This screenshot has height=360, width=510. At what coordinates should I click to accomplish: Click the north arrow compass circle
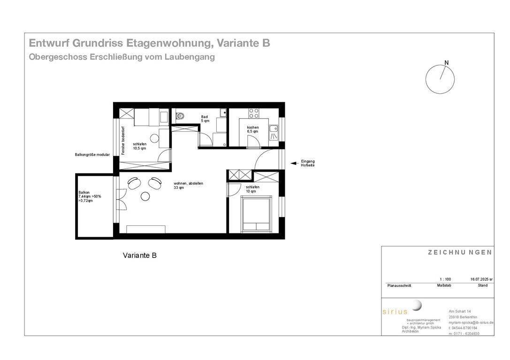(x=440, y=79)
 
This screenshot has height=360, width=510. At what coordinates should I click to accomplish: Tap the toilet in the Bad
(x=180, y=116)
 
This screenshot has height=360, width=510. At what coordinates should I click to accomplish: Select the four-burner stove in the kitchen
(x=254, y=113)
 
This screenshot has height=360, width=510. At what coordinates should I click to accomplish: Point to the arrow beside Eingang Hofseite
(x=294, y=164)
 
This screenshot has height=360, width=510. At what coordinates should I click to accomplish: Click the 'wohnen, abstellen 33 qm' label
(x=188, y=186)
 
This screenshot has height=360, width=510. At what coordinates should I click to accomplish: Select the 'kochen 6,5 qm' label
(x=253, y=129)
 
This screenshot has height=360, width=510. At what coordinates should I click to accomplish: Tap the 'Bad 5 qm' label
(x=205, y=119)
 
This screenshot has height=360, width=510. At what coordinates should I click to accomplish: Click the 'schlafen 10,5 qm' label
(x=139, y=146)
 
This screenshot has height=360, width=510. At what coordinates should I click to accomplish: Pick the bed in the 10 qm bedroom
(x=256, y=214)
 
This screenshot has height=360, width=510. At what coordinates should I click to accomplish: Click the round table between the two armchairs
(x=145, y=196)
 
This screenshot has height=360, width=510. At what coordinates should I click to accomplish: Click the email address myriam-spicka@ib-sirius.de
(x=471, y=322)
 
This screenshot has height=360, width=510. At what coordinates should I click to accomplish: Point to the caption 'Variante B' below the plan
(x=140, y=255)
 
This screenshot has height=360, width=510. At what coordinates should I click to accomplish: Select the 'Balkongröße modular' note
(x=92, y=154)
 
